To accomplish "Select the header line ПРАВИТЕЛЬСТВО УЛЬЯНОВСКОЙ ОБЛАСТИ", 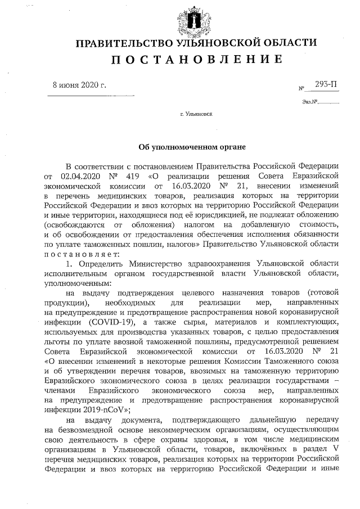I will tap(196, 43).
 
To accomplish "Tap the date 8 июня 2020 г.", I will tap(79, 85).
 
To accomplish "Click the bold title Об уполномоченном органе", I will tap(192, 147).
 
